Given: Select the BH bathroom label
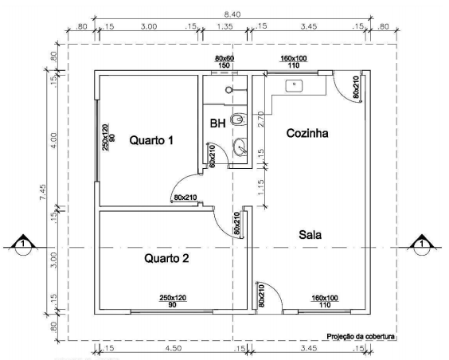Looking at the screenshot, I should pos(217,123).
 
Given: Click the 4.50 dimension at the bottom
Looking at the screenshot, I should pos(170,348).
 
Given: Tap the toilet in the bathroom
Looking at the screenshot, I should pos(236,120).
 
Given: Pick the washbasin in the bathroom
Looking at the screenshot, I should pos(240,147).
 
